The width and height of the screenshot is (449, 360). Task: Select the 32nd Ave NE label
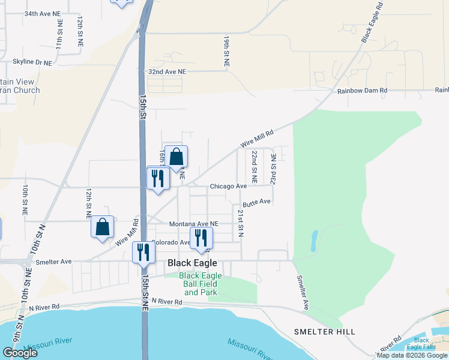point(167,71)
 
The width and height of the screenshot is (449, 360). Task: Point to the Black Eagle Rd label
point(372,25)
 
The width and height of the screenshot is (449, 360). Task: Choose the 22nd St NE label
point(254,167)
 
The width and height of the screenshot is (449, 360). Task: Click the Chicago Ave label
point(228,187)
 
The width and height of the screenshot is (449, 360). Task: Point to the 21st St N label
point(240,223)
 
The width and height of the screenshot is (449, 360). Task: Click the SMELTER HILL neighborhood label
point(324,332)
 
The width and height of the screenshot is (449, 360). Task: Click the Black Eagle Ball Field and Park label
point(200,284)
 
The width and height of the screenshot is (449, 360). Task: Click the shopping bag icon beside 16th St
point(176,157)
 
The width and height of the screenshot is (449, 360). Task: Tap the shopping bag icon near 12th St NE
point(103,227)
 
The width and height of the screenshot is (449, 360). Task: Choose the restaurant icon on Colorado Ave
point(200,238)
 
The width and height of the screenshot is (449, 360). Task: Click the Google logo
point(20,353)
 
